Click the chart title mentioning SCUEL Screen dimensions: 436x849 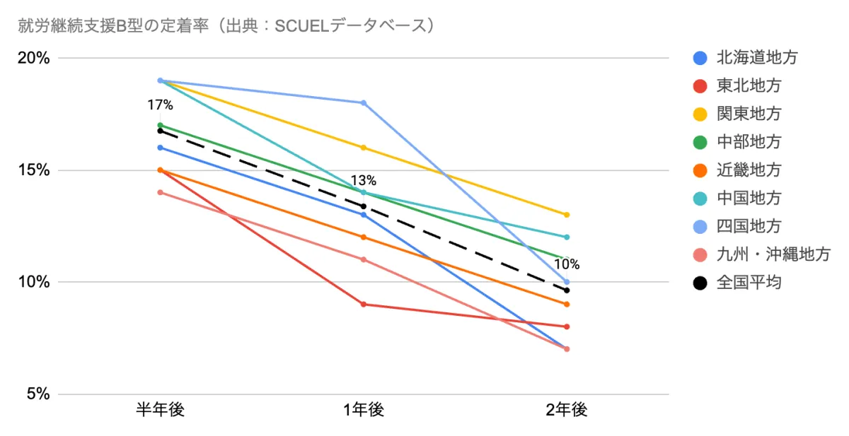[x=227, y=26]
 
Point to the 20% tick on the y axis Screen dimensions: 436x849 [x=33, y=58]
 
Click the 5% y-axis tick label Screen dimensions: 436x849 [x=37, y=394]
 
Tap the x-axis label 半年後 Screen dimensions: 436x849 [x=161, y=411]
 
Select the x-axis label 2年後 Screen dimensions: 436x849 [x=567, y=411]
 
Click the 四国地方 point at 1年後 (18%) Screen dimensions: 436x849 [x=364, y=102]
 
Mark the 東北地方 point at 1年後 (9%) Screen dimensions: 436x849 [x=364, y=305]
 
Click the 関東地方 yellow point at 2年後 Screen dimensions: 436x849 [x=567, y=215]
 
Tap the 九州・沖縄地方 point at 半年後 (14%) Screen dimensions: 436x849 [x=161, y=192]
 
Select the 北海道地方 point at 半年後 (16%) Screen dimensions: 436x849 [x=161, y=148]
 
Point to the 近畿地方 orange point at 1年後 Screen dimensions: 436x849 [x=364, y=237]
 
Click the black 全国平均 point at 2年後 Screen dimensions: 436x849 [x=567, y=290]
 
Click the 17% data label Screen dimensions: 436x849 [x=160, y=105]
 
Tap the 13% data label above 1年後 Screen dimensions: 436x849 [x=364, y=180]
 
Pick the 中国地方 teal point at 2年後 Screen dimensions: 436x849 [x=567, y=237]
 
